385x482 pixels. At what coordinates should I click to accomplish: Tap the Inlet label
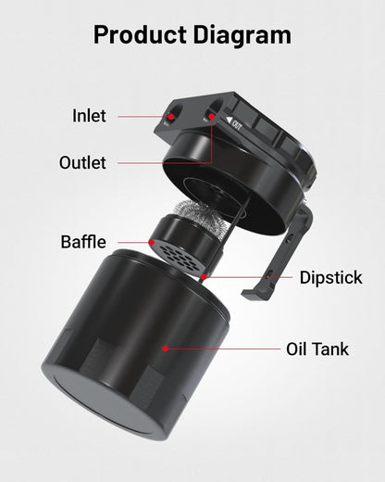[89, 116]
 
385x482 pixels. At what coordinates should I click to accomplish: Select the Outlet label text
[82, 162]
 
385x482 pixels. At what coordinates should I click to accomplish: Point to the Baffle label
[82, 243]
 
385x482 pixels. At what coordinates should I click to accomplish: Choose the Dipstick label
[330, 277]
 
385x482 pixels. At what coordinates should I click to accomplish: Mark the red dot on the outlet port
[212, 118]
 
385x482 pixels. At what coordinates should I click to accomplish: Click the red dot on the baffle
[152, 243]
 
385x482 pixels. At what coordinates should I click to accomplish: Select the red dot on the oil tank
[166, 349]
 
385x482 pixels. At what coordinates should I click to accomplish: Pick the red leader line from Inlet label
[143, 117]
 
